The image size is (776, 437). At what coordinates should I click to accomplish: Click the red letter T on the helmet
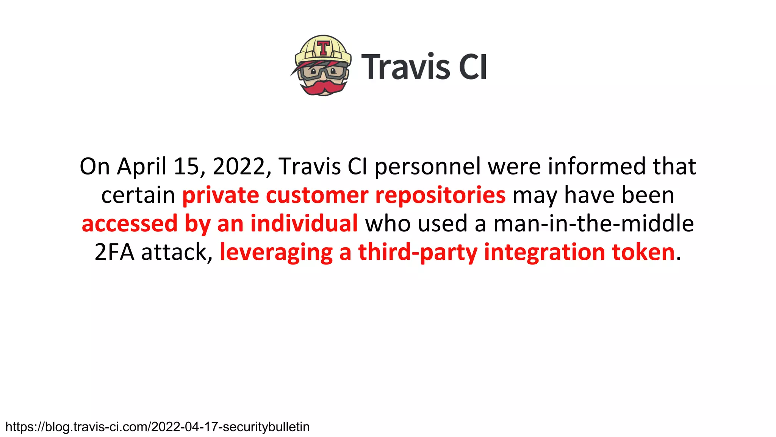click(x=323, y=48)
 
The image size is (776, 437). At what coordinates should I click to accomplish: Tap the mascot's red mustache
click(x=323, y=87)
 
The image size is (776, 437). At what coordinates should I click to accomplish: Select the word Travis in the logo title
click(x=405, y=67)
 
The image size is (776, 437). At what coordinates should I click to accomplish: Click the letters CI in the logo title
click(x=472, y=67)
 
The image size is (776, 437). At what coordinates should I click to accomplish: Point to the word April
click(x=142, y=167)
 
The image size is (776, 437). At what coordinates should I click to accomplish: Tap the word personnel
click(x=427, y=167)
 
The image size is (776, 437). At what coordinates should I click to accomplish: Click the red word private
click(x=221, y=196)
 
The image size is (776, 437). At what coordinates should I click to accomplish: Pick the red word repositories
click(x=440, y=196)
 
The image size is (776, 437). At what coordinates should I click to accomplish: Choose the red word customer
click(x=317, y=195)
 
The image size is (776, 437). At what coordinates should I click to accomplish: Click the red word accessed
click(x=130, y=223)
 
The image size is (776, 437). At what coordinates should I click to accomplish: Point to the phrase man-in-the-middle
click(x=593, y=223)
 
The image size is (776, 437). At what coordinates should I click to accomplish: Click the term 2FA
click(x=114, y=252)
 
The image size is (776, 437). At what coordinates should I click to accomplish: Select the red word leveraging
click(x=276, y=253)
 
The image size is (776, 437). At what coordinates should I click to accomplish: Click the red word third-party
click(x=418, y=253)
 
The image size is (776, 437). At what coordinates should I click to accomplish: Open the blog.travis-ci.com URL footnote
click(x=158, y=427)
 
